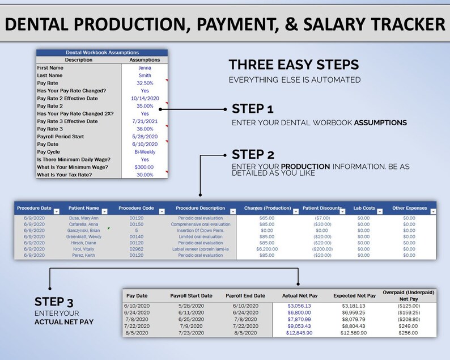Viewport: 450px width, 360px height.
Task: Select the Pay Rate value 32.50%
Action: [145, 83]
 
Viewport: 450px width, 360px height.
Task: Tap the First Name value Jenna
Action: [145, 67]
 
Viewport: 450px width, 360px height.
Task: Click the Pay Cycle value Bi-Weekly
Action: [145, 152]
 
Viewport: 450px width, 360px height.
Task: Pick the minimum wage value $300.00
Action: [145, 167]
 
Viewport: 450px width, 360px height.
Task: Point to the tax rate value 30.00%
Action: [145, 175]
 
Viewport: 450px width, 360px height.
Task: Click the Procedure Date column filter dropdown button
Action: [56, 211]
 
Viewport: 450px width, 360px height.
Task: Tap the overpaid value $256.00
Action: [408, 333]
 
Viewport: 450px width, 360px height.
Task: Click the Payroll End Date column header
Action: [245, 296]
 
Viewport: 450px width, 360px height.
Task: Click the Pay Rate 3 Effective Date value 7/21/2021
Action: [145, 121]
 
